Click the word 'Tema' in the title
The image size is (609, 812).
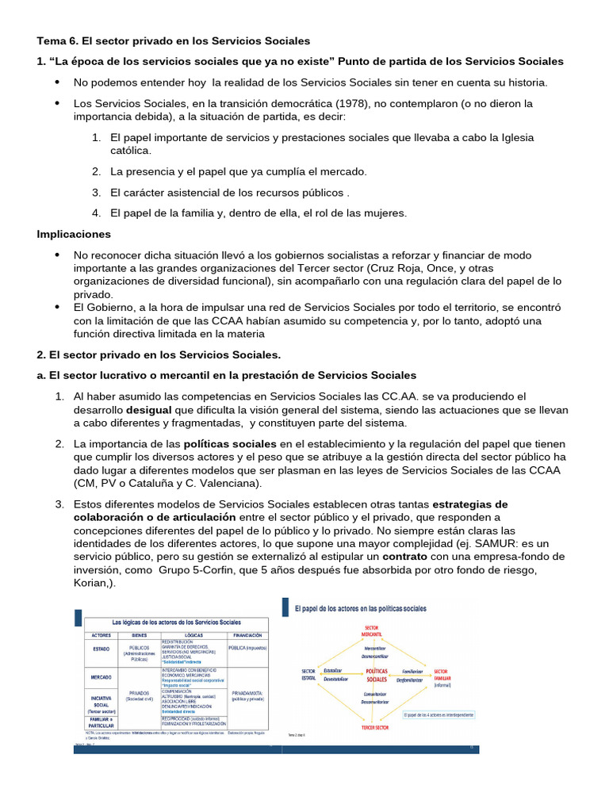(52, 40)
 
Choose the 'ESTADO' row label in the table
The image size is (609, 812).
(101, 647)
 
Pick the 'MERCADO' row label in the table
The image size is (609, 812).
(101, 676)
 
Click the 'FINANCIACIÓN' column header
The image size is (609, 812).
(248, 634)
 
